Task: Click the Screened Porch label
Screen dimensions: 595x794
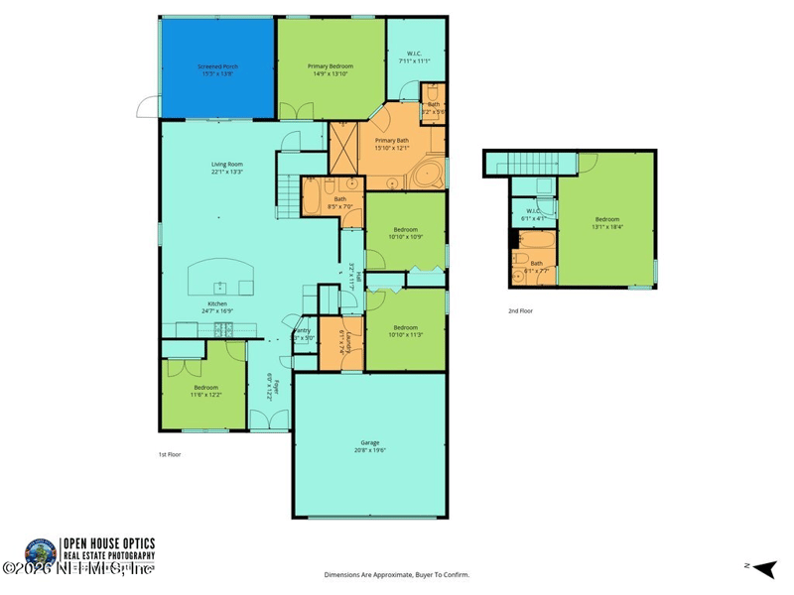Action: point(218,69)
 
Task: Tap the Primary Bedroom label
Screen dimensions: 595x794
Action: point(331,69)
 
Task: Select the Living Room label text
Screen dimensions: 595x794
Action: point(226,168)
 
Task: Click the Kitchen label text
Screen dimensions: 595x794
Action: point(217,306)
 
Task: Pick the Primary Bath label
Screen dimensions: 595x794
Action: point(391,144)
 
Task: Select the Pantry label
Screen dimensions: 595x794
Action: point(302,335)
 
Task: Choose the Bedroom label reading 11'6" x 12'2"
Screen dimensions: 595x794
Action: point(205,391)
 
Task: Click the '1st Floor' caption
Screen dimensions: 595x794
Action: point(170,454)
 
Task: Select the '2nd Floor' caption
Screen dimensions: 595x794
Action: point(520,310)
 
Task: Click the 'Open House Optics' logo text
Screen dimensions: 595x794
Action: point(109,543)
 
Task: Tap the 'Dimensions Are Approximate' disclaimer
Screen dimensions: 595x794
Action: point(397,574)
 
